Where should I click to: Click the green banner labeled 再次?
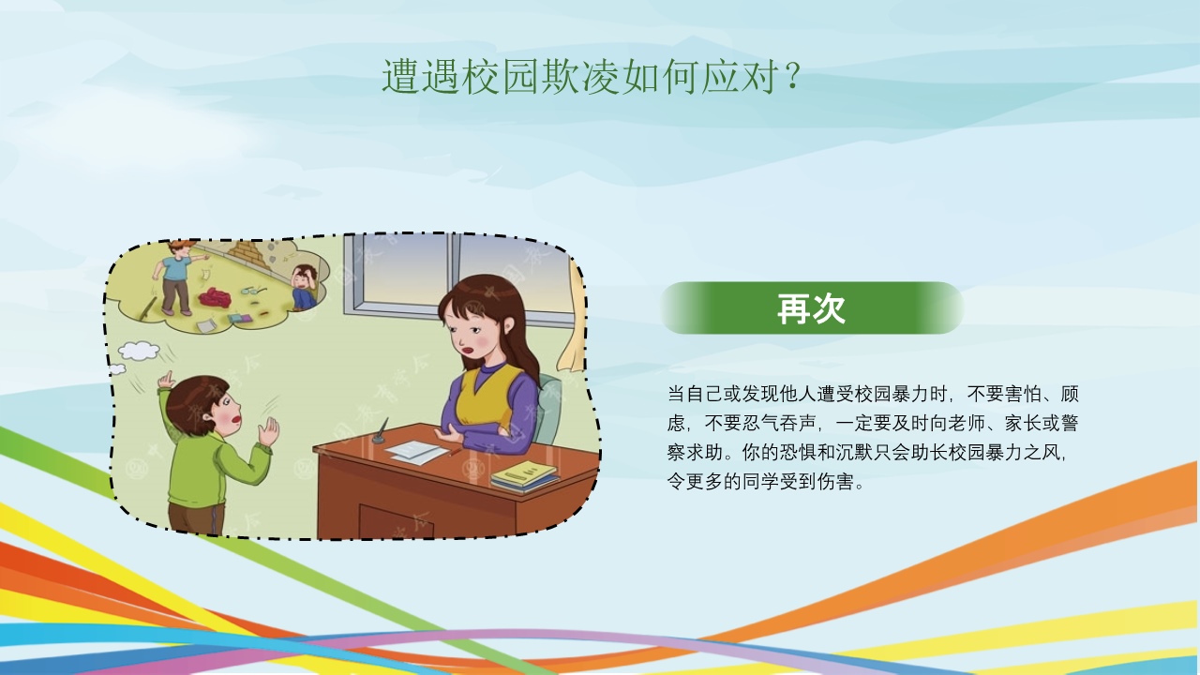point(811,308)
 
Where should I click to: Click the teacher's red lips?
point(469,351)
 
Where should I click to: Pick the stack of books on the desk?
point(524,475)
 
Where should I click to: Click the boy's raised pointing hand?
point(167,380)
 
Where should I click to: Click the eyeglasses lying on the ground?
point(253,291)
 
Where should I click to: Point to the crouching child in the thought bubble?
point(304,287)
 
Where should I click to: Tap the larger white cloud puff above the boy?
point(139,351)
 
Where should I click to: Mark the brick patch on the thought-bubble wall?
point(247,254)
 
